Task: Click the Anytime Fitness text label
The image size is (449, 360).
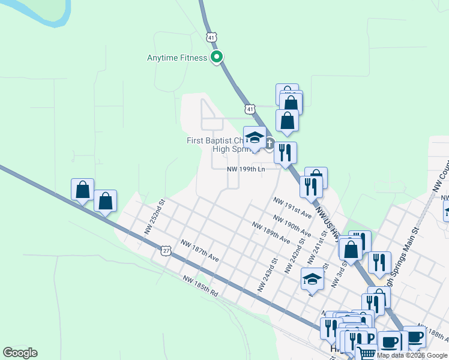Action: pos(177,58)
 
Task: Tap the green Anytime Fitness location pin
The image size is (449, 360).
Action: pos(217,58)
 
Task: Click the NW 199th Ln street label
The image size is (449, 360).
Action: pos(246,170)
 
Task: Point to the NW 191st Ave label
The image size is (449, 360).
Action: pos(292,207)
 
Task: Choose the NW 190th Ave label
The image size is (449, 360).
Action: pos(291,225)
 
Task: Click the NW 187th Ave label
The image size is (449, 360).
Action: pos(200,250)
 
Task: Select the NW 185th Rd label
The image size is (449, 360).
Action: pos(201,284)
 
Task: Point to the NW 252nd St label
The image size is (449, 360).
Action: pos(154,218)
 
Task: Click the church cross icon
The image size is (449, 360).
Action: pos(270,143)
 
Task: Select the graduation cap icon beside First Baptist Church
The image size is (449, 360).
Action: pos(255,138)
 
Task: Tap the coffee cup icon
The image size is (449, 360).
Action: pos(390,342)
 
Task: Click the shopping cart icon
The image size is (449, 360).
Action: pos(366,353)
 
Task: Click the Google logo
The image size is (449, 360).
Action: pos(20,353)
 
